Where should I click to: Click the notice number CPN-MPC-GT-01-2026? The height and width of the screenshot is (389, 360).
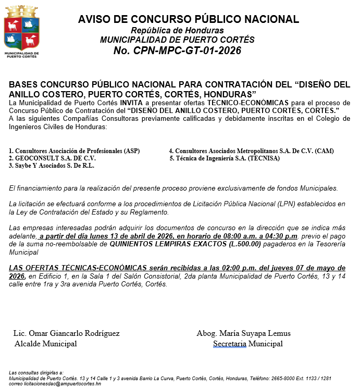(x=177, y=51)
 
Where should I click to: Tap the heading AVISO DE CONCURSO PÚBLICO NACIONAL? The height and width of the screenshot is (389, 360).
(x=189, y=19)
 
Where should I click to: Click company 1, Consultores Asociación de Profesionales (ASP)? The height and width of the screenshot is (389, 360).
(x=74, y=150)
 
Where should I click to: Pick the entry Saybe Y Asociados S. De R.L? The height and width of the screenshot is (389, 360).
(x=51, y=165)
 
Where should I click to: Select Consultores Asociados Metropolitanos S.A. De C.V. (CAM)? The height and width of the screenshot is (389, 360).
(x=251, y=150)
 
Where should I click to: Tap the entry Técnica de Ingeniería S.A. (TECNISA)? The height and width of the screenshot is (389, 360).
(x=225, y=158)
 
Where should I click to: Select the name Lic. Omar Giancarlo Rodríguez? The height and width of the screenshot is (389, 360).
(x=66, y=333)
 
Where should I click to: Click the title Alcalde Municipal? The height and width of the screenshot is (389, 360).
(x=46, y=344)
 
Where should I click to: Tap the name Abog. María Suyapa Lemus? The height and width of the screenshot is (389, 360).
(x=243, y=333)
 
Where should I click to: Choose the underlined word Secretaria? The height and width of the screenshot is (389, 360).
(x=230, y=344)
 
